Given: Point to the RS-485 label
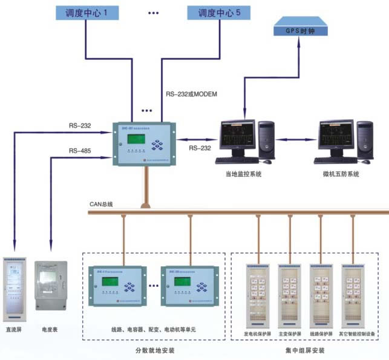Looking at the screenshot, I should [80, 151].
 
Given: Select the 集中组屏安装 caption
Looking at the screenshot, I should [306, 350].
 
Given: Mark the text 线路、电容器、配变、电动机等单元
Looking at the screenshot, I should [153, 329].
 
